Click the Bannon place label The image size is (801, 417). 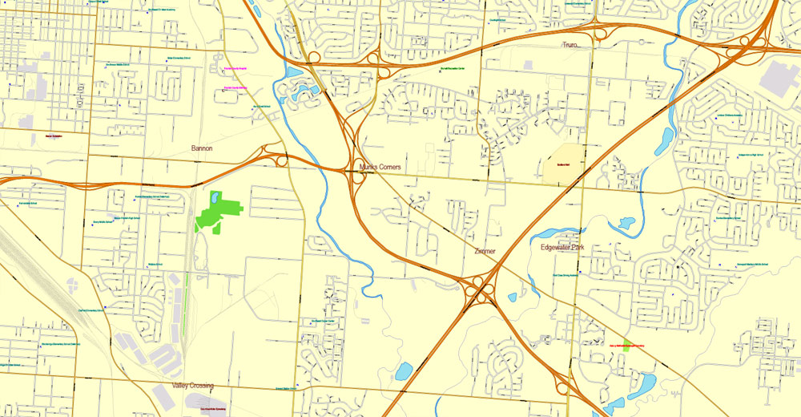pyautogui.click(x=202, y=148)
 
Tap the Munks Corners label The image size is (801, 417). pyautogui.click(x=380, y=167)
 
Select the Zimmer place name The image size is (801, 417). pyautogui.click(x=485, y=251)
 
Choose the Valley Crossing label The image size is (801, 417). pyautogui.click(x=192, y=386)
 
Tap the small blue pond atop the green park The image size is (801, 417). pyautogui.click(x=215, y=196)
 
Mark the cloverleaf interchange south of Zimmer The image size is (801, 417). pyautogui.click(x=481, y=288)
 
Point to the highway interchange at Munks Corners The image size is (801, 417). pyautogui.click(x=356, y=168)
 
